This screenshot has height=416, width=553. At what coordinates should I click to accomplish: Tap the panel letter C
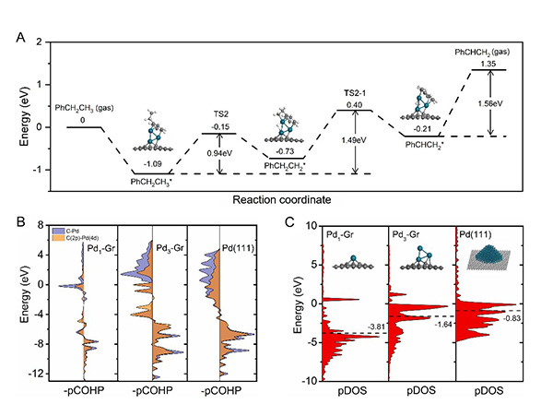[x=290, y=221]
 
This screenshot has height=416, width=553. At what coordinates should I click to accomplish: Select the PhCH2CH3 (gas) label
[x=85, y=107]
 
